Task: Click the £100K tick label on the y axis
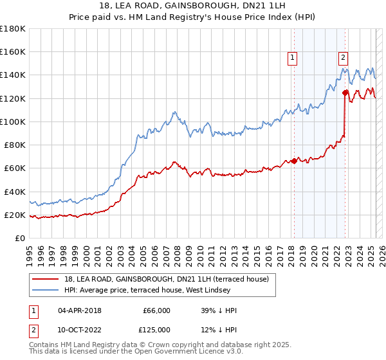pyautogui.click(x=12, y=122)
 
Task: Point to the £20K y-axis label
pyautogui.click(x=15, y=215)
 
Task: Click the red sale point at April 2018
pyautogui.click(x=294, y=161)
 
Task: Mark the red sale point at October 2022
pyautogui.click(x=345, y=93)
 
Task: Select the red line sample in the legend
pyautogui.click(x=46, y=278)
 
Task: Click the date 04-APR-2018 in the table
pyautogui.click(x=79, y=310)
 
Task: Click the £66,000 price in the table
pyautogui.click(x=156, y=310)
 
